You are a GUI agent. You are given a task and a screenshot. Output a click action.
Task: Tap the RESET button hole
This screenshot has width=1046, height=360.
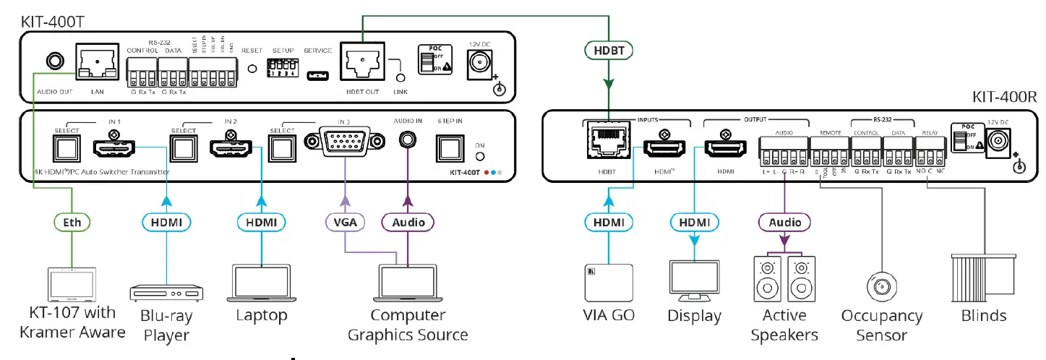tap(252, 69)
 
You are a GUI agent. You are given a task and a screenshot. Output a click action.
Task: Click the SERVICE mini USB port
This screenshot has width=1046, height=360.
tap(317, 74)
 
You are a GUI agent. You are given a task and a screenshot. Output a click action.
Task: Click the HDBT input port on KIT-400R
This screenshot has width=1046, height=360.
tap(609, 145)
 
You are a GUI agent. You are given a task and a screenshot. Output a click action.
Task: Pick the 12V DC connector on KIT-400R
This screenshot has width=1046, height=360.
tap(1001, 142)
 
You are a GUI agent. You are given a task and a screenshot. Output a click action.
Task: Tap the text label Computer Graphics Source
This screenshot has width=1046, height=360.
tap(408, 325)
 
